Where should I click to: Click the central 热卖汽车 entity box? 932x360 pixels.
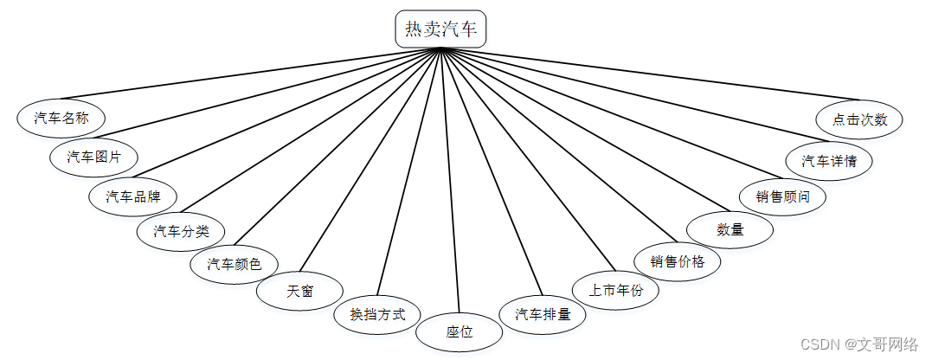click(x=441, y=29)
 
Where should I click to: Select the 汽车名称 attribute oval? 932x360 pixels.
click(x=61, y=118)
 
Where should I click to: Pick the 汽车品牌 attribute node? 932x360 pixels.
click(x=132, y=196)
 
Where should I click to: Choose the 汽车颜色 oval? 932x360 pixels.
click(x=234, y=264)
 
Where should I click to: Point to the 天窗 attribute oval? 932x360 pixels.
click(x=300, y=291)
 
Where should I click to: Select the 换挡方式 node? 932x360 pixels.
click(x=377, y=314)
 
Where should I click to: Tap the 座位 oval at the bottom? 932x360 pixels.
click(x=460, y=331)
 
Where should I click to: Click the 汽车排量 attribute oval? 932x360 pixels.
click(x=543, y=314)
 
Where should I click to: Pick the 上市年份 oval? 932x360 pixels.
click(x=615, y=291)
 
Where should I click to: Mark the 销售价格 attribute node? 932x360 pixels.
click(x=678, y=261)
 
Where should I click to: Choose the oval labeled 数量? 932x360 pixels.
click(x=730, y=229)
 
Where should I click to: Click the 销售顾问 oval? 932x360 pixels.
click(x=782, y=196)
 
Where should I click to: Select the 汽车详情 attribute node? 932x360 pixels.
click(x=829, y=161)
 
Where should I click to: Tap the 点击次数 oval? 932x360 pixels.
click(x=860, y=119)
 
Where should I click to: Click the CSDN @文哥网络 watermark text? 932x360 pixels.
click(x=858, y=344)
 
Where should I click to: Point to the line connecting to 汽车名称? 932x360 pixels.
click(x=251, y=76)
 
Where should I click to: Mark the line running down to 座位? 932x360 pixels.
click(x=450, y=182)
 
